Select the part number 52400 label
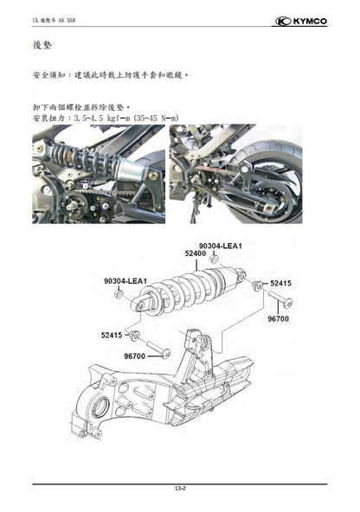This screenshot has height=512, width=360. point(196,254)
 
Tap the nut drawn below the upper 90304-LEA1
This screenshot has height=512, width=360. point(213,260)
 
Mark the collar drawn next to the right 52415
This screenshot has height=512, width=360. point(257,284)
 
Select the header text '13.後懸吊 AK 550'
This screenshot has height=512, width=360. point(54,20)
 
